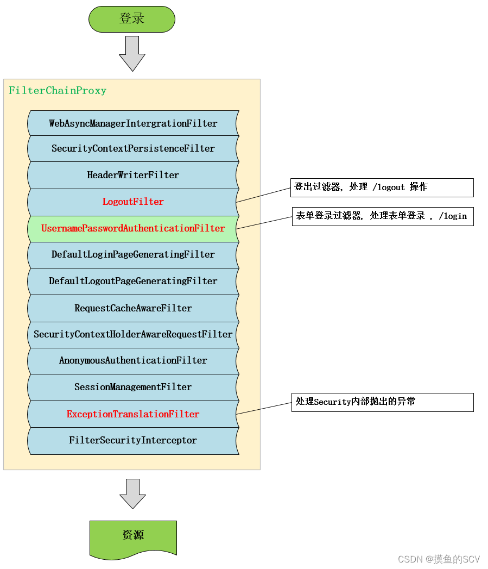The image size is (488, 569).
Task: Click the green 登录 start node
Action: coord(132,19)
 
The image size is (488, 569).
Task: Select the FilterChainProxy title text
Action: coord(58,91)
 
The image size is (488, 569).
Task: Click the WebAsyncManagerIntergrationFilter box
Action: coord(133,123)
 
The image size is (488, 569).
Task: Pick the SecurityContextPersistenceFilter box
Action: coord(133,148)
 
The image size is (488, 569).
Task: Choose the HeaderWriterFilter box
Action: coord(133,175)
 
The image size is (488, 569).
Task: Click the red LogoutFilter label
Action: coord(133,202)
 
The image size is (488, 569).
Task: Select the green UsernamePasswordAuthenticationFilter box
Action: coord(133,228)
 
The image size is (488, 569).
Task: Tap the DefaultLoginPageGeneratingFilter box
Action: coord(133,254)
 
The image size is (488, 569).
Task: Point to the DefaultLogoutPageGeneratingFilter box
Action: coord(133,281)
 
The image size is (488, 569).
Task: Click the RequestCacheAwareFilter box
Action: coord(133,308)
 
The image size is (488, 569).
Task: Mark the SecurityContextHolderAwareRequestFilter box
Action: coord(133,334)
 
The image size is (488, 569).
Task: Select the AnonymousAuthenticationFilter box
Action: coord(133,360)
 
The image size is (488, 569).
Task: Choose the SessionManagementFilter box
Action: coord(133,387)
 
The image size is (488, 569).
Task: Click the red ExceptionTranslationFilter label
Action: coord(133,414)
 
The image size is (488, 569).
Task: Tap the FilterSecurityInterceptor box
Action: coord(133,440)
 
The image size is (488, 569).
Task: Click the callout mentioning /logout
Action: coord(382,187)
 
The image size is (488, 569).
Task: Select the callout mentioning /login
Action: coord(382,216)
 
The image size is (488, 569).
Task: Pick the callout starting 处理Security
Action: coord(382,402)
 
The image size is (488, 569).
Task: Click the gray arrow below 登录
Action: coord(132,53)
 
